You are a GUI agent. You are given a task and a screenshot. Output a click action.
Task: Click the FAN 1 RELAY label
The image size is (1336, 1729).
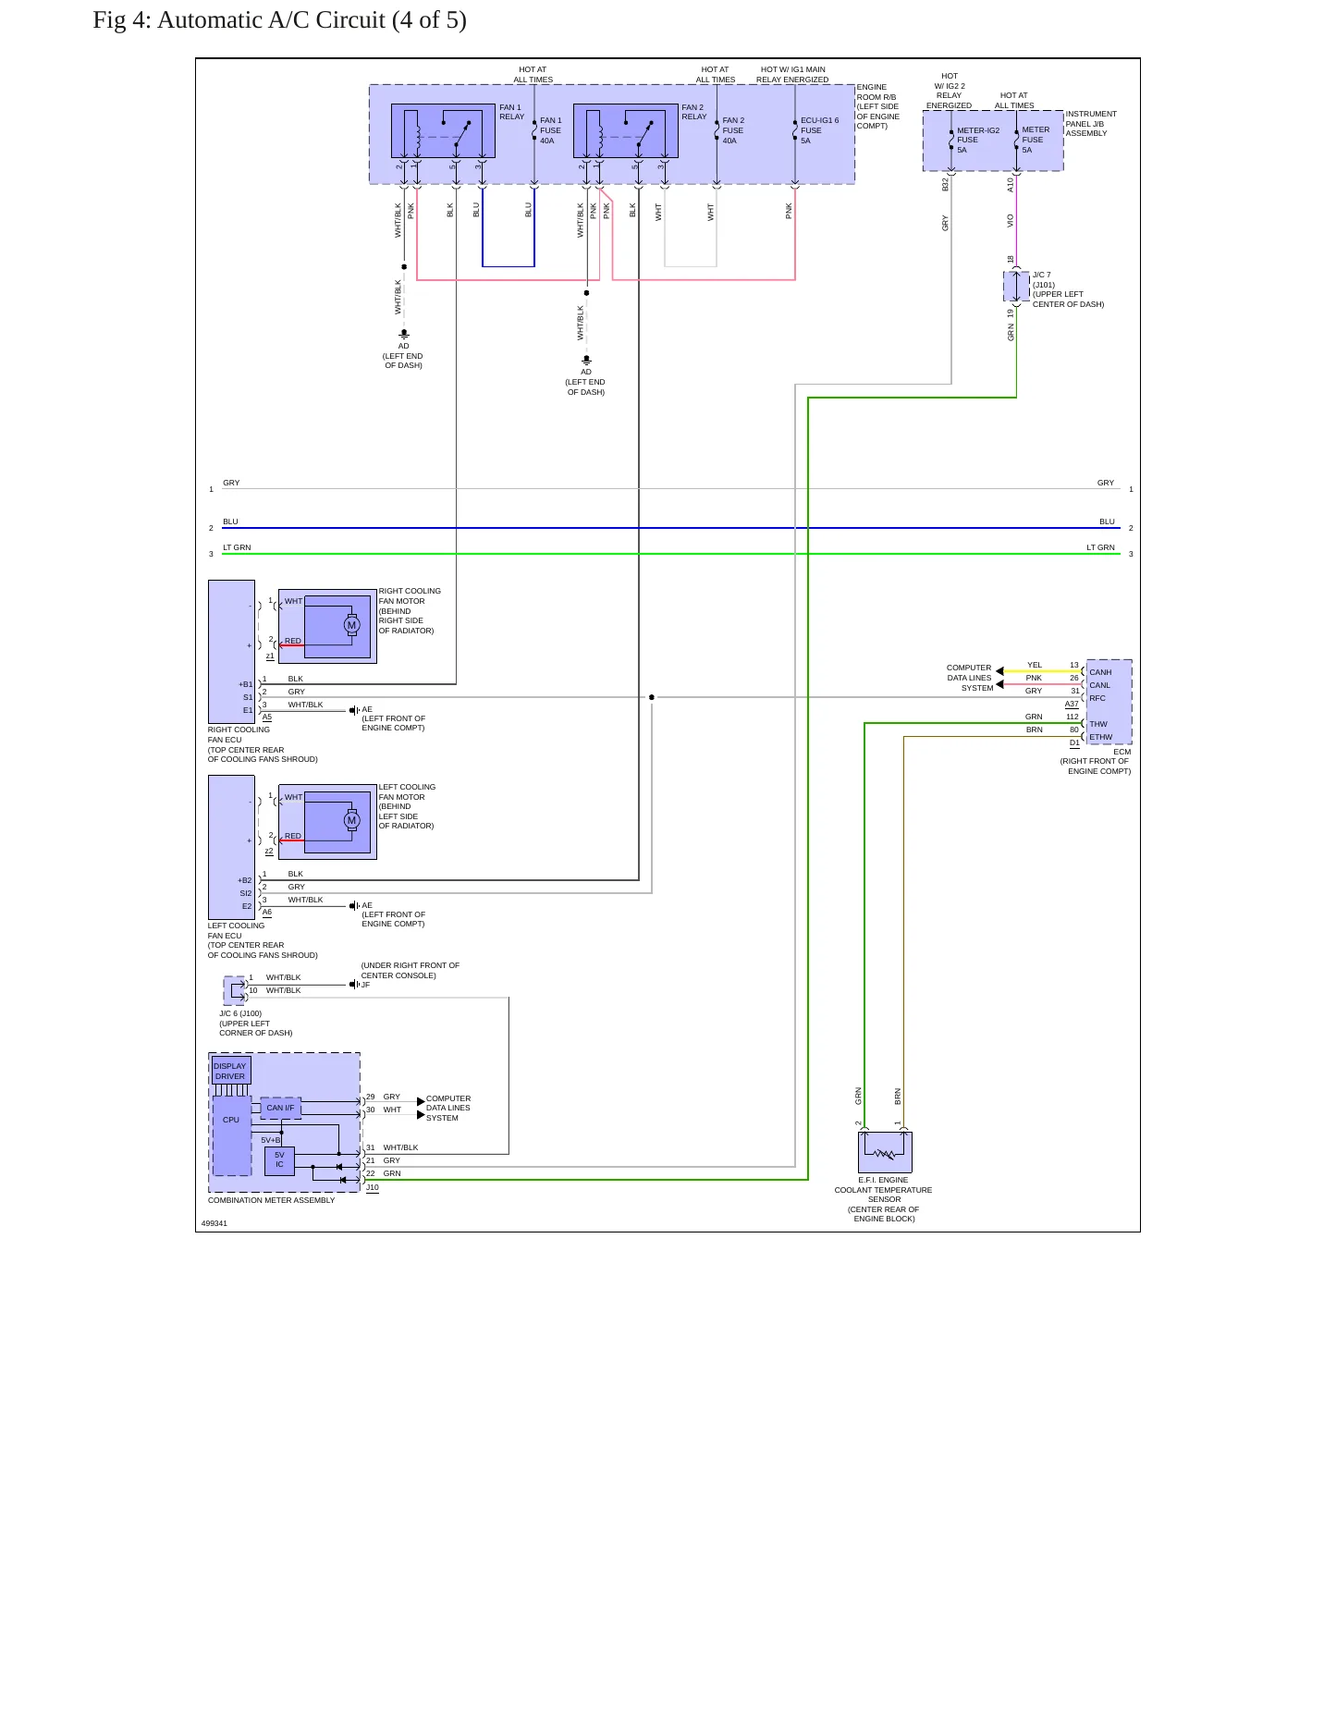coord(511,112)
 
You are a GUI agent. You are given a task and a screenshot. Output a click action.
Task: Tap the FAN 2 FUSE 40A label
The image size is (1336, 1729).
coord(733,130)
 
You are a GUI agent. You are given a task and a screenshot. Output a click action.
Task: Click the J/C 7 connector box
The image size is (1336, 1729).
coord(1016,287)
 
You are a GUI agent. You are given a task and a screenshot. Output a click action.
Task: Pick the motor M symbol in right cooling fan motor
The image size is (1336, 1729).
coord(351,625)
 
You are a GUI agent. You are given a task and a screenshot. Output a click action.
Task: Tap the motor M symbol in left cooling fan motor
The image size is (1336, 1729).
coord(351,820)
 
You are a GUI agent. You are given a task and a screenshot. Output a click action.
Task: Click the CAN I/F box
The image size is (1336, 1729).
coord(280,1108)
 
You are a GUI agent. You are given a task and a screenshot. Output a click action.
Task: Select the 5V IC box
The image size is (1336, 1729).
coord(279,1160)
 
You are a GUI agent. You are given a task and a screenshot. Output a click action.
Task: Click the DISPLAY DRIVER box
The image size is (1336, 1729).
coord(230,1071)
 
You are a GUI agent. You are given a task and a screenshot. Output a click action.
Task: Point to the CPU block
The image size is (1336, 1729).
coord(231,1135)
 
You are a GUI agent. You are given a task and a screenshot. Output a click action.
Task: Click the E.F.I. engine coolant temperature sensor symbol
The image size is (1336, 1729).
coord(885,1152)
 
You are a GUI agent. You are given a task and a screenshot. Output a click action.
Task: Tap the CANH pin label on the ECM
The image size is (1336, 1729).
coord(1100,672)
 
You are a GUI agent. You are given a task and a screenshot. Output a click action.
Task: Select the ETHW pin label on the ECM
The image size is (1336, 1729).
coord(1100,738)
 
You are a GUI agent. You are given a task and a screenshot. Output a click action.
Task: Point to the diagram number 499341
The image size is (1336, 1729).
coord(214,1223)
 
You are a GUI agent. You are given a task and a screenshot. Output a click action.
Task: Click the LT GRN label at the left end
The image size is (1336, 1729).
coord(237,547)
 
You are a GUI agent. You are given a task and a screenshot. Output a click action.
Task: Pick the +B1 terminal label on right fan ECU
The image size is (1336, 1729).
coord(245,684)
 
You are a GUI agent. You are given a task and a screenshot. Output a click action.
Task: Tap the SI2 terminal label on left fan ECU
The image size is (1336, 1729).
coord(246,893)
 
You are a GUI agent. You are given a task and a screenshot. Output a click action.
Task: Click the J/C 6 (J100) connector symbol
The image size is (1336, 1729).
coord(234,990)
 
